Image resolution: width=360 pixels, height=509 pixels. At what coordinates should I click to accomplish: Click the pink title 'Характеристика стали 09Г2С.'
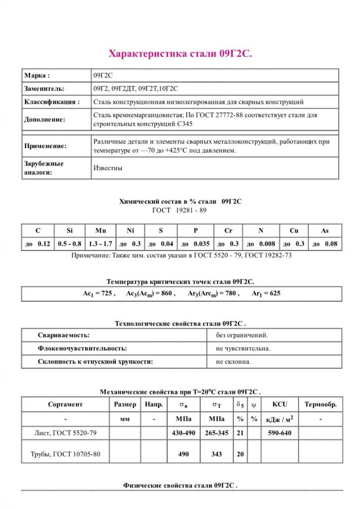(180, 54)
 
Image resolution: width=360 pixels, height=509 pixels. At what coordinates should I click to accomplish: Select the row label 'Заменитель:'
(44, 88)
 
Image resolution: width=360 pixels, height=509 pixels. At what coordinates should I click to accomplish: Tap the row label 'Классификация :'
(52, 102)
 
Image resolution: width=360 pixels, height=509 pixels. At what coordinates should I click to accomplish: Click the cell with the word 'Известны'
(108, 168)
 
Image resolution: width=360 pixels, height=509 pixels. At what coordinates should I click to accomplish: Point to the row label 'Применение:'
(45, 146)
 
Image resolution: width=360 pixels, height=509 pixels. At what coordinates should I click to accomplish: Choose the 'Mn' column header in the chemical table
(100, 231)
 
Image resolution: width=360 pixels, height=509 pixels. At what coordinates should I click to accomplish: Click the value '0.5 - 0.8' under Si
(70, 244)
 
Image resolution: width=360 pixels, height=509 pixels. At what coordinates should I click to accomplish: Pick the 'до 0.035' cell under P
(195, 244)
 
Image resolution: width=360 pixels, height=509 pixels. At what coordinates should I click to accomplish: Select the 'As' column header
(324, 231)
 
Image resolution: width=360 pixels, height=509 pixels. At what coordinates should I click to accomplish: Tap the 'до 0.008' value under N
(261, 244)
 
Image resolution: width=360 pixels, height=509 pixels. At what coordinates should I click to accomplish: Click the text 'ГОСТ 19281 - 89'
(179, 210)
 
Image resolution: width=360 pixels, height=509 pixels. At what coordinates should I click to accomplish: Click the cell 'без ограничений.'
(242, 335)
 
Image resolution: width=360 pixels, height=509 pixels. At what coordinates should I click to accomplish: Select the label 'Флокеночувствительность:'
(82, 348)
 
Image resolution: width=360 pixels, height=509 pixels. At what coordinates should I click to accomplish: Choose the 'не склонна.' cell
(233, 361)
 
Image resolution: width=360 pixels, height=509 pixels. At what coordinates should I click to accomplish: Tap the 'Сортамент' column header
(65, 405)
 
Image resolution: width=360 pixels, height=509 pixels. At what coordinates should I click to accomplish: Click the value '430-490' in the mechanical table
(183, 433)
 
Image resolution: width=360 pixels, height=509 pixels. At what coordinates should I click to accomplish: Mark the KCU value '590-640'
(279, 433)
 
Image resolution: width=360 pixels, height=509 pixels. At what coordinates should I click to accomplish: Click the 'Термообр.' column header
(320, 405)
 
